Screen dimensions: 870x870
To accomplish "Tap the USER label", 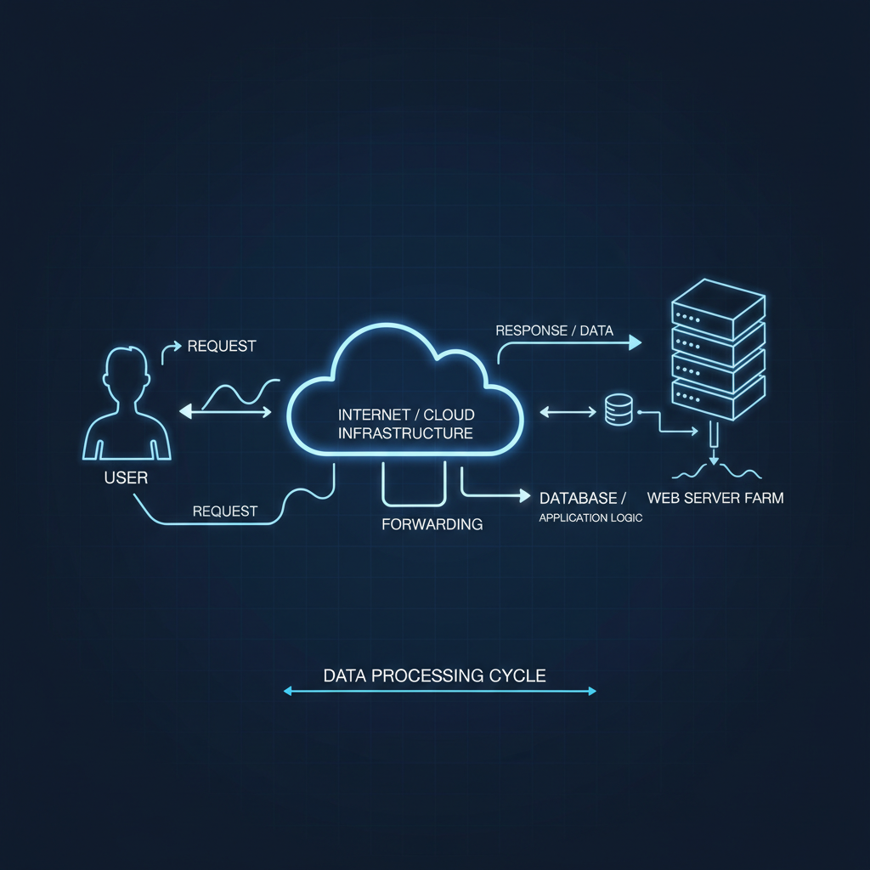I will click(x=126, y=477).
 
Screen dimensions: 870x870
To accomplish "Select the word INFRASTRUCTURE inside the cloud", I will click(x=405, y=433).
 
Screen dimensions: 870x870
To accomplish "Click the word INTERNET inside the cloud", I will click(x=370, y=415).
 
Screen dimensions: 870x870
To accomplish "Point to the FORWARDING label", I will click(x=432, y=524).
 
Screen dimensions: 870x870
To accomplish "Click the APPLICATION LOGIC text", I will click(x=590, y=517).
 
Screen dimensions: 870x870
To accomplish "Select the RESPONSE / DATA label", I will click(x=554, y=330).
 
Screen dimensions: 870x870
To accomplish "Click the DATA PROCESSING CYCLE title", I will click(x=434, y=676).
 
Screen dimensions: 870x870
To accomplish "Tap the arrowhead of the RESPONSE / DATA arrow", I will click(x=634, y=342).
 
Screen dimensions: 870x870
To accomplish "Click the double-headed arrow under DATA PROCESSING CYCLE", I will click(x=439, y=692).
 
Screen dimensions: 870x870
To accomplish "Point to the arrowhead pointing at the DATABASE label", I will click(x=520, y=494).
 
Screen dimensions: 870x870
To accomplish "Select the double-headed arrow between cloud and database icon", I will click(x=568, y=412).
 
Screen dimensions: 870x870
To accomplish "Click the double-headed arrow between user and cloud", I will click(x=225, y=412).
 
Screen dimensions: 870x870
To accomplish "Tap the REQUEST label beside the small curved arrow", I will click(x=221, y=346).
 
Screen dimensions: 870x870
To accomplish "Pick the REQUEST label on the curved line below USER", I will click(x=224, y=511).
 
